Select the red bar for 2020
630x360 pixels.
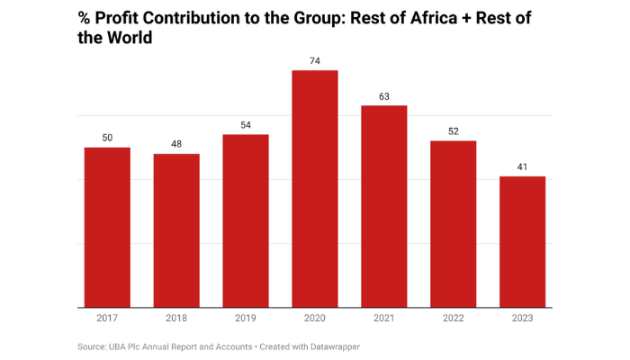pos(315,189)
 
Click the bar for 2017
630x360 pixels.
pos(107,228)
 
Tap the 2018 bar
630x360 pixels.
pos(176,231)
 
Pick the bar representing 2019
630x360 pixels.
pos(246,221)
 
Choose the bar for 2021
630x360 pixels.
pos(384,207)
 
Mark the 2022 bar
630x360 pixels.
pos(454,224)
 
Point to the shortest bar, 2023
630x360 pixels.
pos(523,242)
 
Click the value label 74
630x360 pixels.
pos(315,60)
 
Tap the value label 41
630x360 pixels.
pos(523,166)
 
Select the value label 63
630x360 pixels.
pos(384,95)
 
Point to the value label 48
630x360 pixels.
pos(176,144)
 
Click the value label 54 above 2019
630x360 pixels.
pos(246,124)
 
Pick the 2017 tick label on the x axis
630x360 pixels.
pos(107,318)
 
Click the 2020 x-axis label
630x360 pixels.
pos(315,318)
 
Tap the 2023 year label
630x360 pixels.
pos(523,318)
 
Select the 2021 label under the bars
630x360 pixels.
pos(384,318)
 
